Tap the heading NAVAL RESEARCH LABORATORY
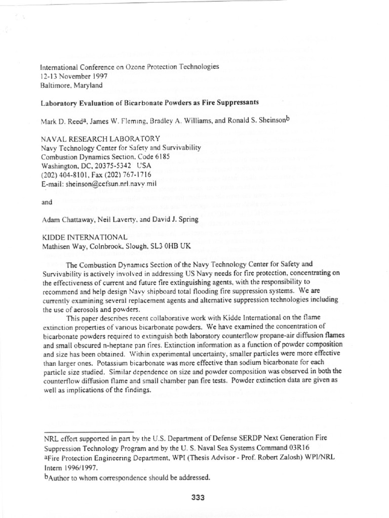pyautogui.click(x=99, y=139)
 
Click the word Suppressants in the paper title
pyautogui.click(x=233, y=102)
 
